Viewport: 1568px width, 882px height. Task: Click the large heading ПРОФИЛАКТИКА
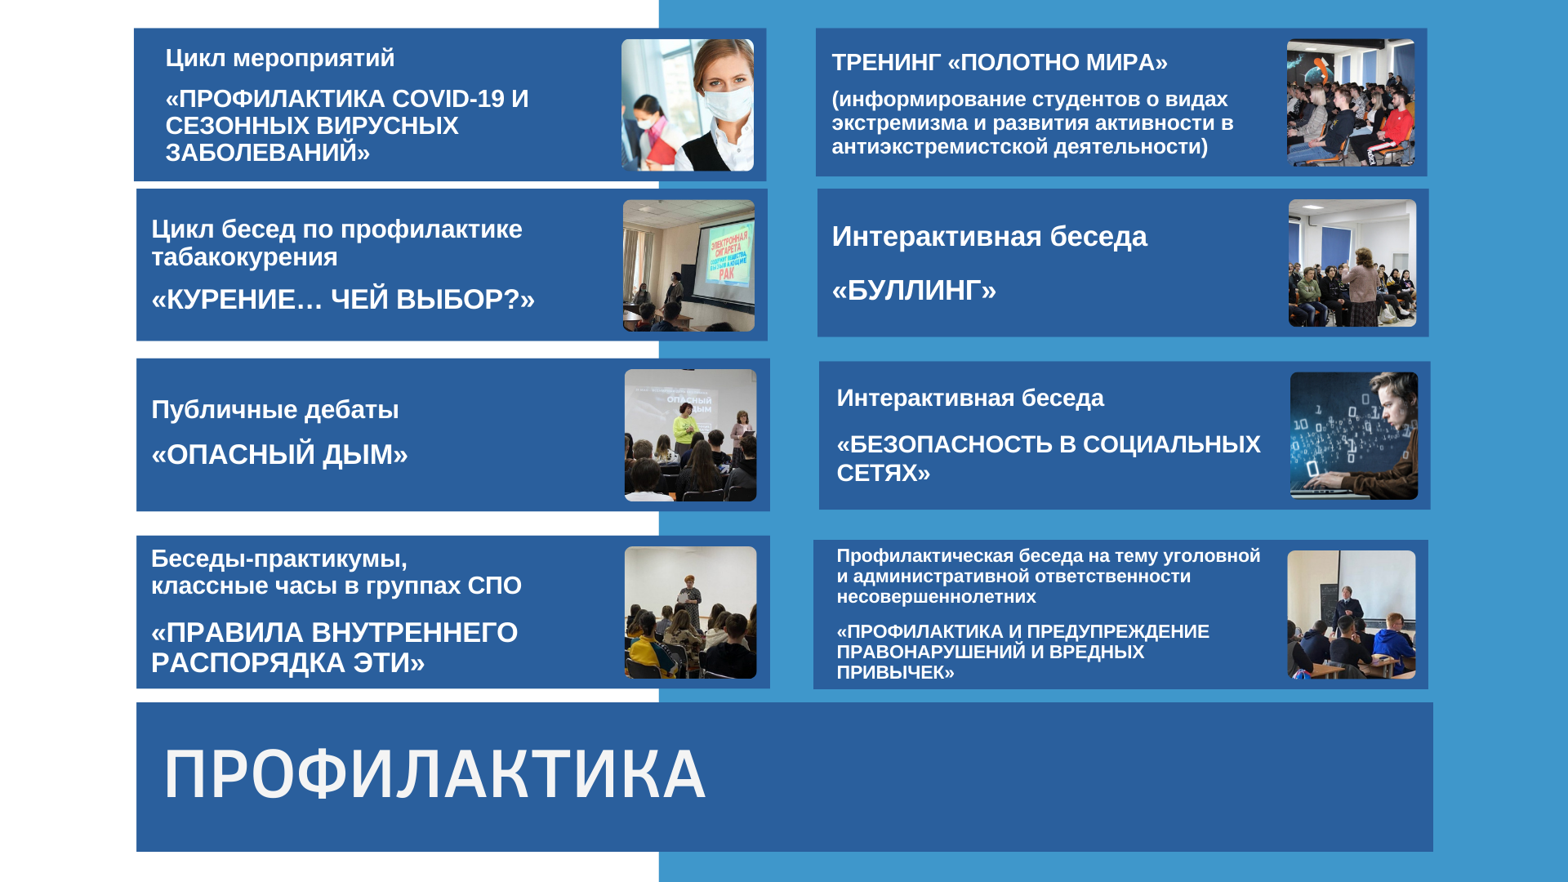(x=434, y=775)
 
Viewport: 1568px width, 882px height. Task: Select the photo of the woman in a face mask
(x=688, y=105)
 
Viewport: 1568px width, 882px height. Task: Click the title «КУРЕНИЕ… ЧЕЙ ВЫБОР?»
(x=343, y=300)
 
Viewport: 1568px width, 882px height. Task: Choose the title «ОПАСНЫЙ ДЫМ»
(x=279, y=455)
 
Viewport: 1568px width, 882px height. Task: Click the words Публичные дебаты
(x=275, y=409)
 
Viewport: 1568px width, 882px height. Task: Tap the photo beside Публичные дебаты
(x=690, y=435)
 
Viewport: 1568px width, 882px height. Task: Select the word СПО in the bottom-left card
(x=494, y=586)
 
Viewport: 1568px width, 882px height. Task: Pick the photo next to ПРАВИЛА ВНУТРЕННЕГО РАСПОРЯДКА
(x=690, y=612)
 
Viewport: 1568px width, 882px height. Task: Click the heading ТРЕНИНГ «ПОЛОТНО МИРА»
(x=1000, y=62)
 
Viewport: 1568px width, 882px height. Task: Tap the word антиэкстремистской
(x=940, y=147)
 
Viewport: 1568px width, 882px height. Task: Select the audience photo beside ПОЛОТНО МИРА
(x=1351, y=103)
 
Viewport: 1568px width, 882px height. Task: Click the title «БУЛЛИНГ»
(x=914, y=290)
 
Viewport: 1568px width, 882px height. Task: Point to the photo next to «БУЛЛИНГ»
(x=1352, y=263)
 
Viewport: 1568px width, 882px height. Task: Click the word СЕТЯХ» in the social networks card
(x=884, y=473)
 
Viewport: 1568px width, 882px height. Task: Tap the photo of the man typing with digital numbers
(x=1354, y=436)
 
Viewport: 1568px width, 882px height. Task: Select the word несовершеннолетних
(x=936, y=597)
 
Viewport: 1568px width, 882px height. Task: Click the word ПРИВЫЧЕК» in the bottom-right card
(x=896, y=673)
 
